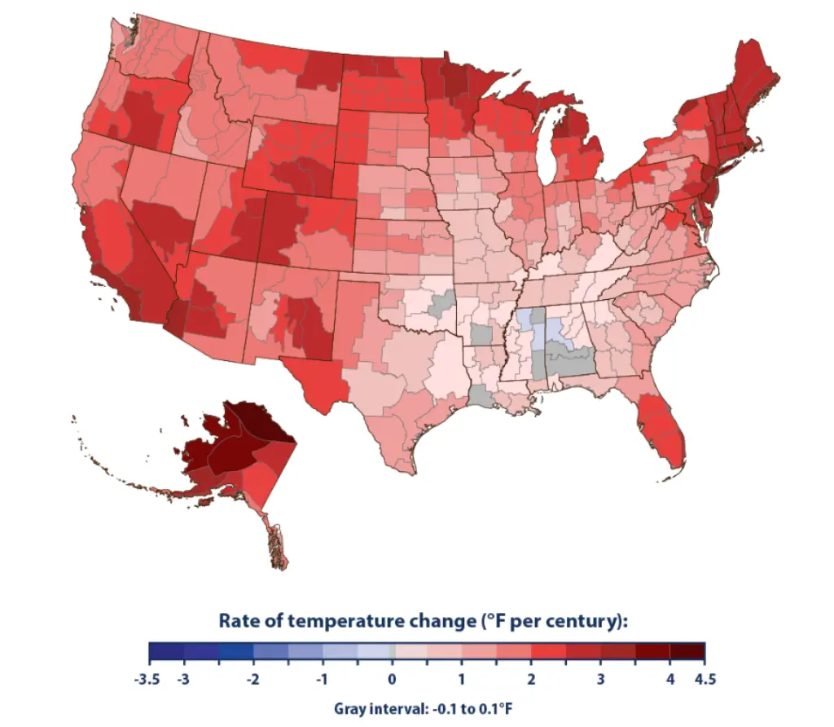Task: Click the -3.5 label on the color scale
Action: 150,678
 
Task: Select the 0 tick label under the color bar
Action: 392,678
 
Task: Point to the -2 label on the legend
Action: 253,678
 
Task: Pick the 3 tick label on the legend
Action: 601,678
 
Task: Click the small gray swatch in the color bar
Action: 393,652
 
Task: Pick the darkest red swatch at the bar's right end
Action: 687,652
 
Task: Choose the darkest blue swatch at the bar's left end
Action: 166,652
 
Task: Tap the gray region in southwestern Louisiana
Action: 481,396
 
